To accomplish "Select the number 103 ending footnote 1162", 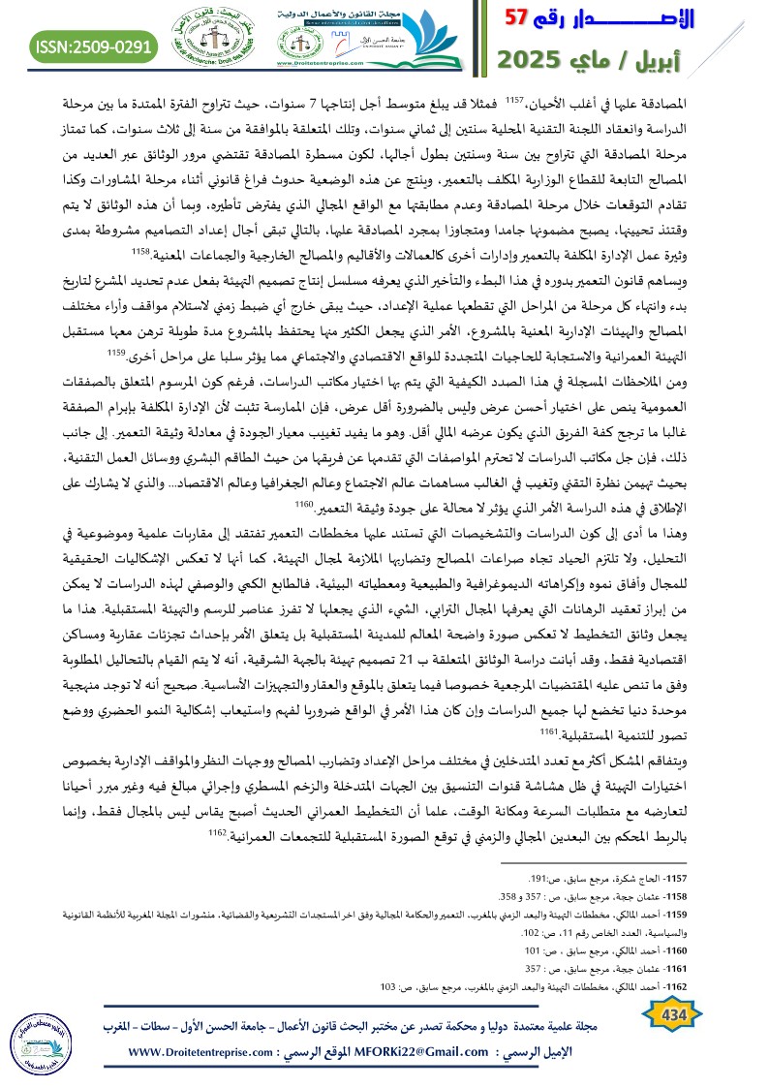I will pyautogui.click(x=387, y=986).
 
